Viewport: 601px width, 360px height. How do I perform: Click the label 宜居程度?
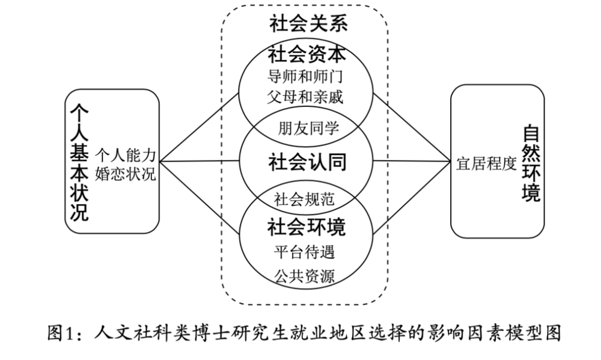(x=486, y=164)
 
